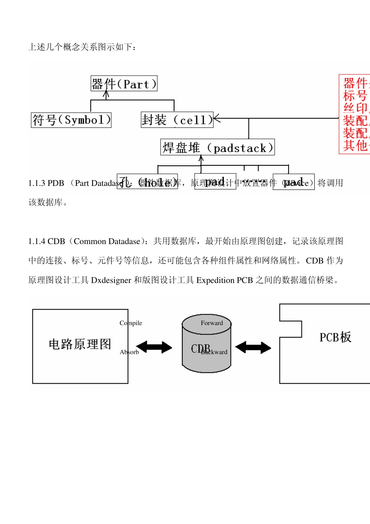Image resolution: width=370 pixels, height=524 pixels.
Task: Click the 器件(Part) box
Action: click(124, 84)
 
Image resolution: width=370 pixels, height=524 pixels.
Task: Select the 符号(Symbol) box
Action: click(71, 120)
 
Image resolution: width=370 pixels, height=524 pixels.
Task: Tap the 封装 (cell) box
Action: click(177, 120)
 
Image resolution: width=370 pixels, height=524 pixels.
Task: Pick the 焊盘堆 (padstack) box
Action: click(217, 147)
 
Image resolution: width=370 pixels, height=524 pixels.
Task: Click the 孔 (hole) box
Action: click(147, 182)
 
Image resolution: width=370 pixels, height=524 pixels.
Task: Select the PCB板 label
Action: click(335, 337)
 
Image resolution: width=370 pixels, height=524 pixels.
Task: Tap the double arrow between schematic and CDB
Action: click(154, 347)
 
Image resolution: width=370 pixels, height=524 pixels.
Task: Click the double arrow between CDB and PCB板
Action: click(253, 347)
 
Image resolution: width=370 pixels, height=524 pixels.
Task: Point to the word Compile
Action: click(131, 323)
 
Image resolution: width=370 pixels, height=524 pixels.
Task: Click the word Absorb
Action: click(129, 352)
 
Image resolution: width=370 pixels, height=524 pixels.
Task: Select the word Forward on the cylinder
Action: click(212, 323)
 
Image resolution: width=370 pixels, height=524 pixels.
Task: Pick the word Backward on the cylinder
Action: click(214, 352)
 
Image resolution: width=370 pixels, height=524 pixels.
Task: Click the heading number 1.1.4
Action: click(37, 241)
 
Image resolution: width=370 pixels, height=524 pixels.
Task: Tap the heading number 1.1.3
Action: click(37, 183)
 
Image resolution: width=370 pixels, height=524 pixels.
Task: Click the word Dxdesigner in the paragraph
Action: click(111, 280)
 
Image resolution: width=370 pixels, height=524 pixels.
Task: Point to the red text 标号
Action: click(355, 96)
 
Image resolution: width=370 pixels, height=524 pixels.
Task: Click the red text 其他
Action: click(355, 145)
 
